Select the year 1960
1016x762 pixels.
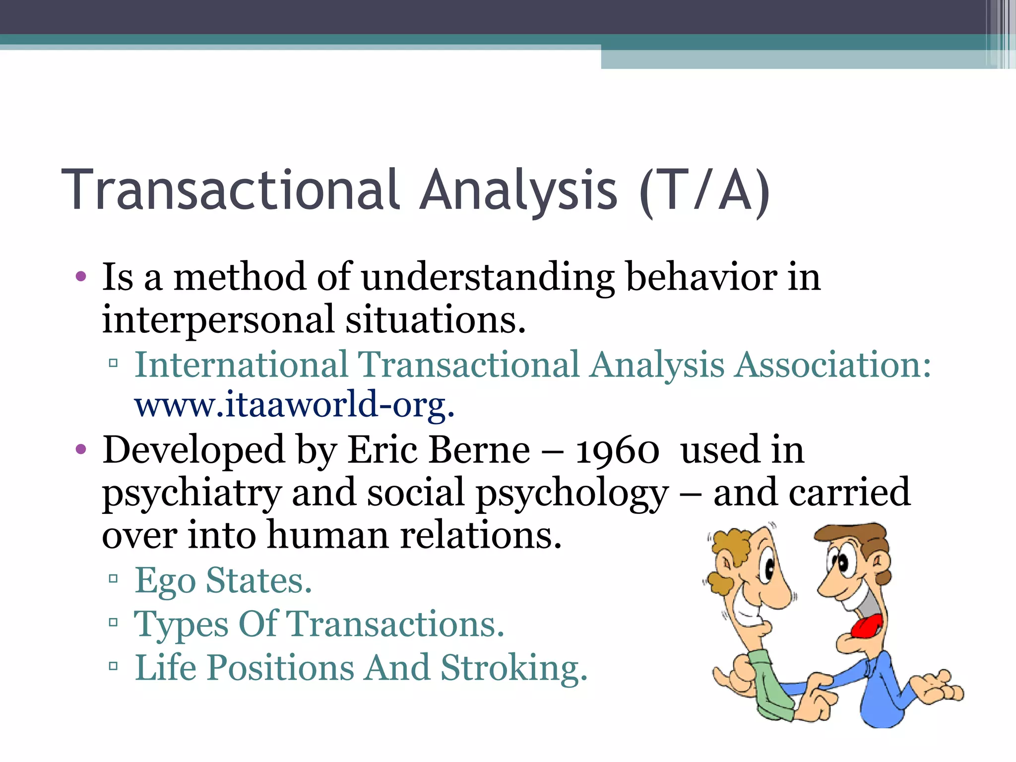(x=617, y=450)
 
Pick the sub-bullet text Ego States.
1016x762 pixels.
(x=223, y=580)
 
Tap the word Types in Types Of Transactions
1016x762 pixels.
(x=181, y=625)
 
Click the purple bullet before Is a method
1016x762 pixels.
(x=81, y=277)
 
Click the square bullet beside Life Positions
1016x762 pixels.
(x=113, y=665)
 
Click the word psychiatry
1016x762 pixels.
(x=192, y=494)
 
